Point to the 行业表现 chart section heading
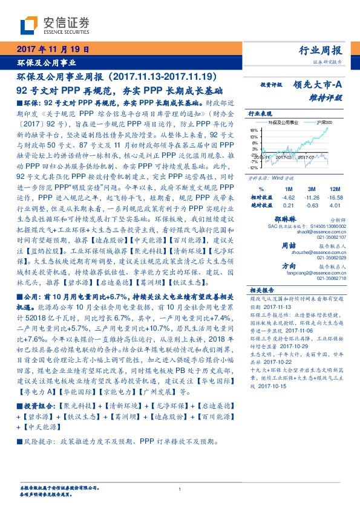tap(261, 114)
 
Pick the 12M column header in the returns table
tap(335, 189)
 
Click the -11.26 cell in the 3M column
tap(312, 197)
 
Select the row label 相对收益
tap(261, 197)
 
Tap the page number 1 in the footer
tap(180, 490)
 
